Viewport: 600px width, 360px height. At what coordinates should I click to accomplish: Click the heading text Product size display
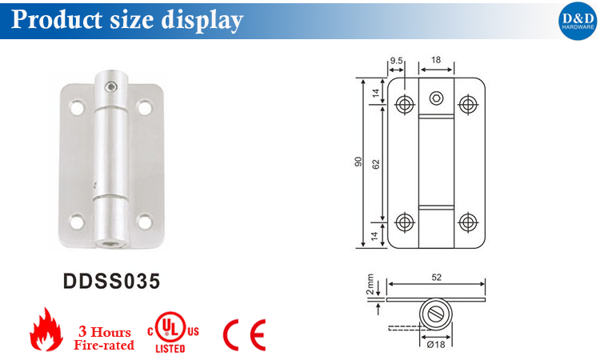[126, 19]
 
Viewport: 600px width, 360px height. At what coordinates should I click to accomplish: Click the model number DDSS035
[111, 282]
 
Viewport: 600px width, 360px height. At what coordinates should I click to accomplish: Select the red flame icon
[46, 330]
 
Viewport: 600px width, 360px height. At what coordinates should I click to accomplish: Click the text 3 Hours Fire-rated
[104, 338]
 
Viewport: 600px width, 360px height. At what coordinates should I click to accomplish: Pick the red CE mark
[244, 334]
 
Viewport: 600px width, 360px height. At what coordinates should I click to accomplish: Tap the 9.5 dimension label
[396, 60]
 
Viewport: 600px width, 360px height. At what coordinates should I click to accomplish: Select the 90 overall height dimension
[359, 162]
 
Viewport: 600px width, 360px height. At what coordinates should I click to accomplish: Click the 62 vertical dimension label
[375, 162]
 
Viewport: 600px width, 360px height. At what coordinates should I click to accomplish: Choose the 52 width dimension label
[436, 277]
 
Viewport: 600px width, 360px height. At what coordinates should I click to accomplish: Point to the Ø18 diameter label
[435, 345]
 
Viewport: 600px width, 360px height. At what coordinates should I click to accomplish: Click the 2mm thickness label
[370, 286]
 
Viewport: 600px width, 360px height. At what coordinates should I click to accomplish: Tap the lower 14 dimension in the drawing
[375, 234]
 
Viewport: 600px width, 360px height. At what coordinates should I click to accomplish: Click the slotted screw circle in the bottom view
[436, 312]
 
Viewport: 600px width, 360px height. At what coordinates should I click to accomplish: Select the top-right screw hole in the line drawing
[466, 102]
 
